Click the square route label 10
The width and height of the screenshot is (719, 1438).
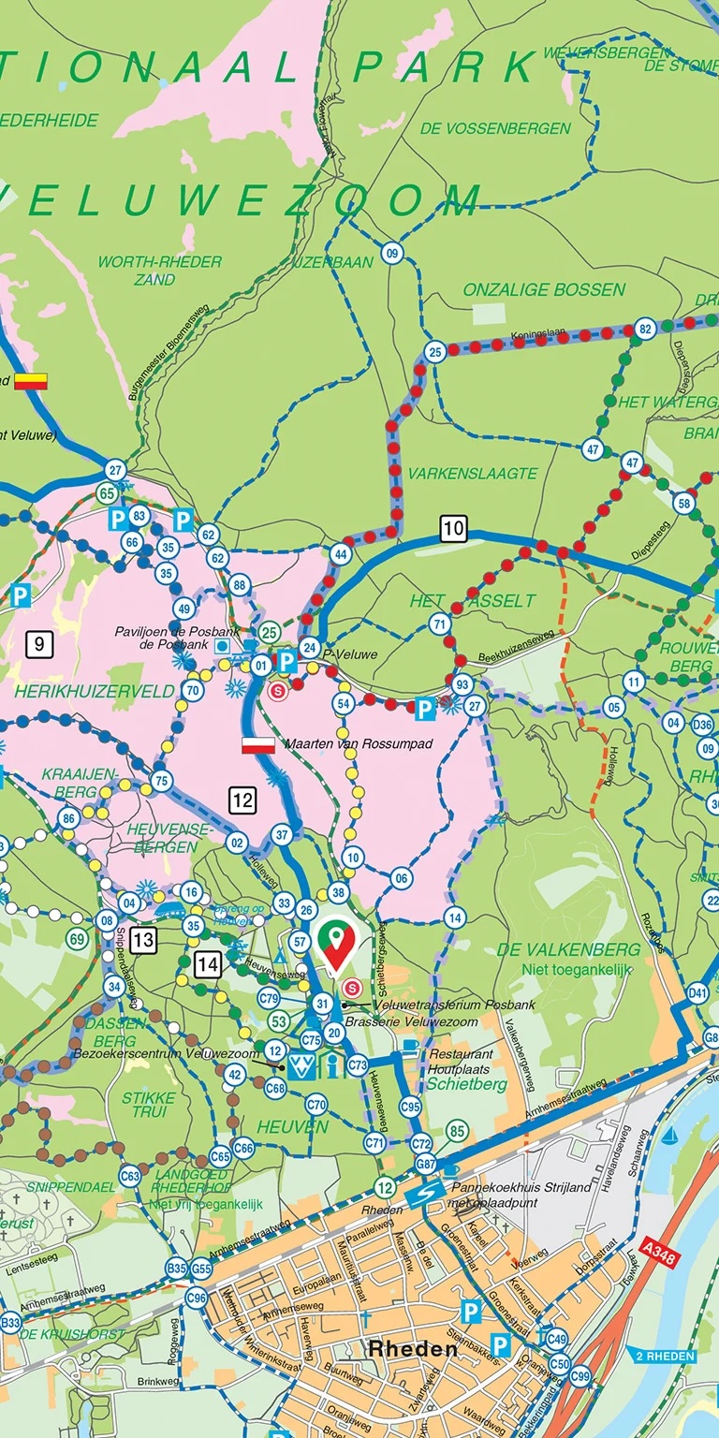(453, 529)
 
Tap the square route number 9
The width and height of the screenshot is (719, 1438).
(38, 643)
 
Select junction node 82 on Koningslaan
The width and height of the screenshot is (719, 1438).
(644, 329)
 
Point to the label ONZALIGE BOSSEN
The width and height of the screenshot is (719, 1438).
(544, 290)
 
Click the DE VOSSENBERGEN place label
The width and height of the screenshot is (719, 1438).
(495, 128)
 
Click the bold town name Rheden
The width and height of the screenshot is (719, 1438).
(413, 1349)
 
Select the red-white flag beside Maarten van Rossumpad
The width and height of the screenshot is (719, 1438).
(258, 745)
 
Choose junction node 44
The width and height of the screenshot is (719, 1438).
(341, 555)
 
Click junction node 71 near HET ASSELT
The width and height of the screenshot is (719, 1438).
(439, 624)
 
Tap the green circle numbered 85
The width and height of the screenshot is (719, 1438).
(456, 1132)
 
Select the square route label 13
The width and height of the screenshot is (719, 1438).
(144, 939)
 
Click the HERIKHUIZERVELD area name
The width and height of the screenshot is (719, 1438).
(95, 692)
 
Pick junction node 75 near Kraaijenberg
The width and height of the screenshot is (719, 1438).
(162, 782)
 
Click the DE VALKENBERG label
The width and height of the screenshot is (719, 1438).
(568, 949)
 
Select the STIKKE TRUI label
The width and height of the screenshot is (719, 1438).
(148, 1104)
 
